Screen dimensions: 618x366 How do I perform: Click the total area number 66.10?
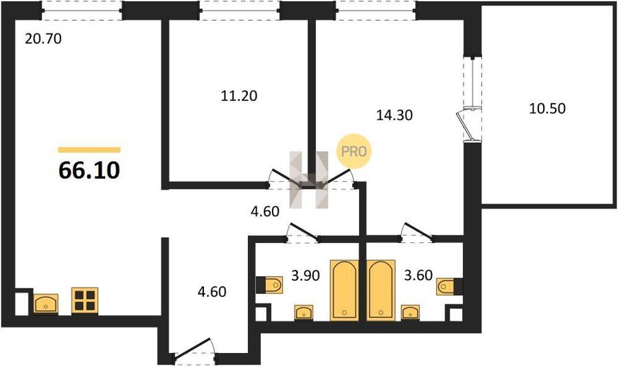89,170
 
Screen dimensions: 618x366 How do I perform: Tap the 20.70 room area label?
43,38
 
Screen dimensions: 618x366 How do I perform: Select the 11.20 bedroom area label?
239,95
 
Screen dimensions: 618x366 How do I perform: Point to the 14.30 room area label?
394,115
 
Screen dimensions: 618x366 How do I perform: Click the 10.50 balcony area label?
547,108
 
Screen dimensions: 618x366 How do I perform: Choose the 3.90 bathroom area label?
306,275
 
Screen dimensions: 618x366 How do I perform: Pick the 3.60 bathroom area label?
419,275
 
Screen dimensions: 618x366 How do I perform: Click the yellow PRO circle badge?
354,152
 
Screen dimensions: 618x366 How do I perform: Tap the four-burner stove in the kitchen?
84,301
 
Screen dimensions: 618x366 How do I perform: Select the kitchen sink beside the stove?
46,304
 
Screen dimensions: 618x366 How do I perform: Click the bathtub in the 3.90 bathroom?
345,290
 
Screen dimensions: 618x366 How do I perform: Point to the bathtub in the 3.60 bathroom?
380,290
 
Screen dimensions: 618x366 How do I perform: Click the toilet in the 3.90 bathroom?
270,285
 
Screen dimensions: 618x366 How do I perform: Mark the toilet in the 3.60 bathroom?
450,286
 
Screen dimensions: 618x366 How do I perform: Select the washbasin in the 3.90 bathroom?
304,312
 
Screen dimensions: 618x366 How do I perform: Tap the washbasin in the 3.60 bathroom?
411,312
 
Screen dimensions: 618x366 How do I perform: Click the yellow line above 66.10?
89,150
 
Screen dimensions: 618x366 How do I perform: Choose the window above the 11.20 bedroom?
240,10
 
